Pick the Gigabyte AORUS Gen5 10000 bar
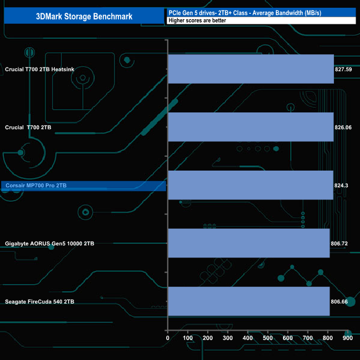[249, 243]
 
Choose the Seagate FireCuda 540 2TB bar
[249, 301]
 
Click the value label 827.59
[343, 69]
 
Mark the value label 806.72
[340, 243]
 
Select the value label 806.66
[340, 301]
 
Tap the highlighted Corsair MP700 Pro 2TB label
[35, 186]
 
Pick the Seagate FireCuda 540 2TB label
[39, 301]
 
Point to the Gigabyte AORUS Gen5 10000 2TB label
[49, 243]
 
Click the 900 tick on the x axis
[347, 338]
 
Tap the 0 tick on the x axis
[168, 338]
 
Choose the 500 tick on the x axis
[268, 338]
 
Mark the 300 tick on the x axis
[228, 338]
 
